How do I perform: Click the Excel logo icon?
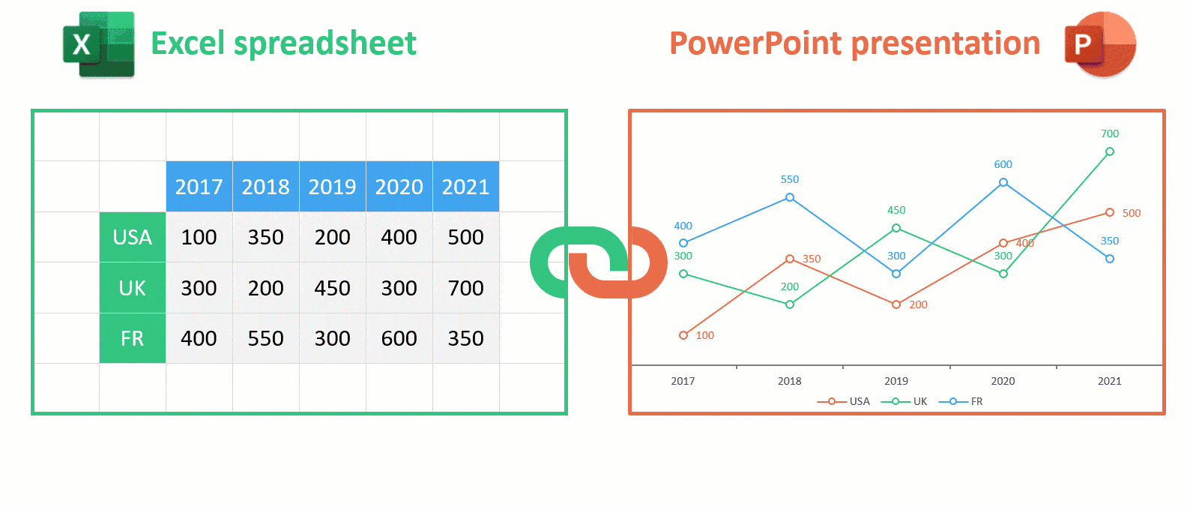click(x=99, y=45)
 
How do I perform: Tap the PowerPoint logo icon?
click(x=1100, y=44)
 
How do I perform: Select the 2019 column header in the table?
click(x=333, y=187)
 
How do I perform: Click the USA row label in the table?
click(x=133, y=237)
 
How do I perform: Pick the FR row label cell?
click(x=133, y=338)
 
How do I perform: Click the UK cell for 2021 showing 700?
click(x=466, y=287)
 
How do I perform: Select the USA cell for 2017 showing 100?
click(x=199, y=237)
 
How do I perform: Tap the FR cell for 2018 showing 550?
click(x=265, y=338)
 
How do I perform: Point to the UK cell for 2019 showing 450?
click(x=333, y=287)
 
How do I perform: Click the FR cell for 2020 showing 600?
click(x=399, y=338)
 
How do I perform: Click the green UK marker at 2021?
click(x=1110, y=152)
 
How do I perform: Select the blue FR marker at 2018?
click(x=790, y=198)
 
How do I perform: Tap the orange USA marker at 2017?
click(x=683, y=335)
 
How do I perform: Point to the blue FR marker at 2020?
click(x=1003, y=182)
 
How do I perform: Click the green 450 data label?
click(x=896, y=211)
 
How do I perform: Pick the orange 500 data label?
click(x=1132, y=213)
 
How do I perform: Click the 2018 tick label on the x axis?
click(x=789, y=381)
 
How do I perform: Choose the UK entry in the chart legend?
click(x=904, y=401)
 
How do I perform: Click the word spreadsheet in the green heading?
click(x=325, y=44)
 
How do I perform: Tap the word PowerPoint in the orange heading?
click(x=755, y=43)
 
